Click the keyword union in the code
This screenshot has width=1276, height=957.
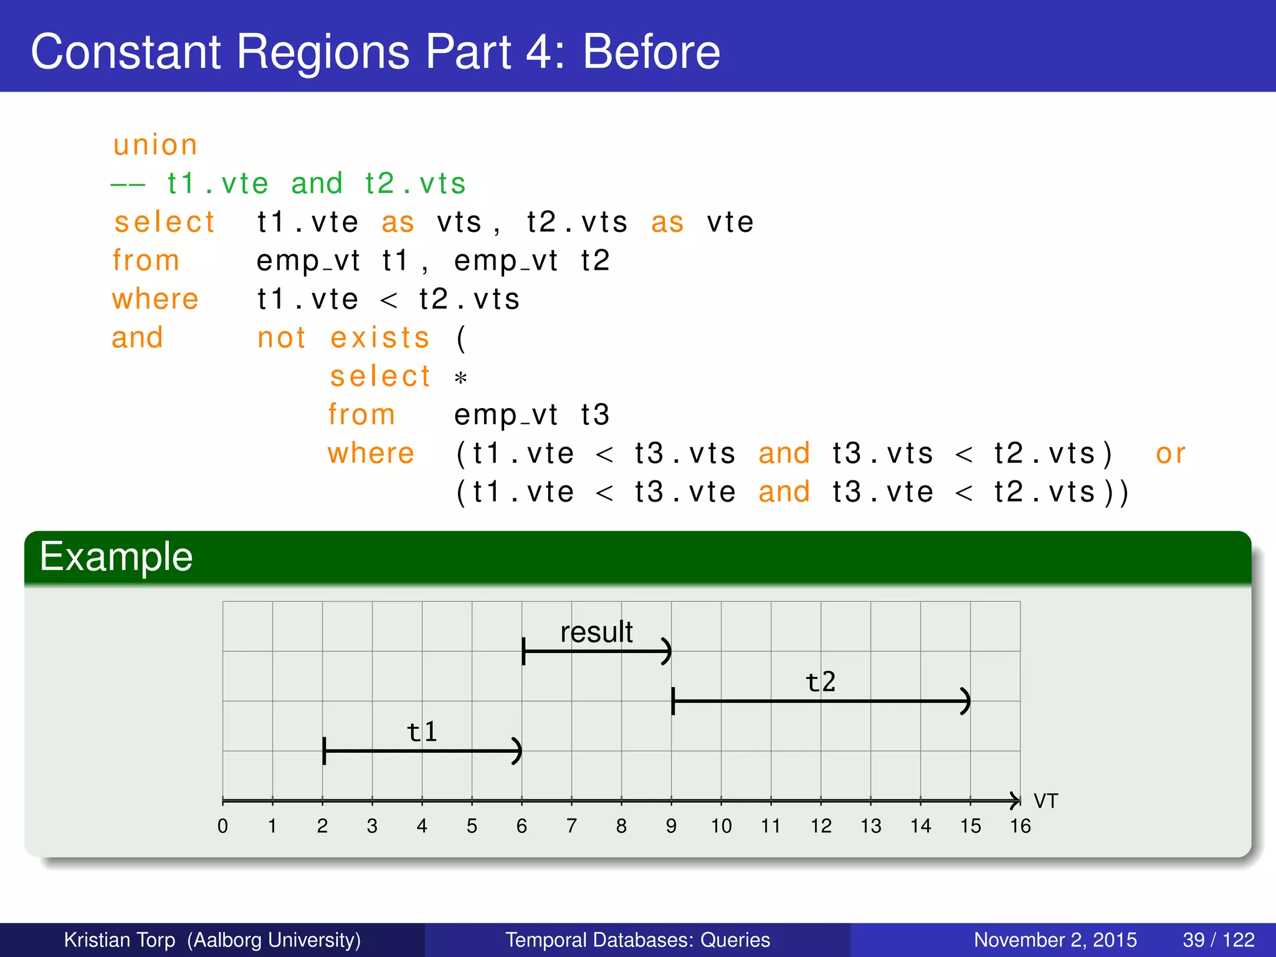point(155,145)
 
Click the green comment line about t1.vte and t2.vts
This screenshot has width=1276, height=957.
point(288,184)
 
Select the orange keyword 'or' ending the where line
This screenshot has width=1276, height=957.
point(1170,454)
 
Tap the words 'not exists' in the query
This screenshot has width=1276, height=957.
point(343,338)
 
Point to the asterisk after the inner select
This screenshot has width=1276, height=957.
point(460,378)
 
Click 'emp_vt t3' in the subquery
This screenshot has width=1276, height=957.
point(531,415)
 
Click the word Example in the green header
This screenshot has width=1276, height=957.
point(117,556)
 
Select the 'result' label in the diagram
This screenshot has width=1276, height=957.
point(596,632)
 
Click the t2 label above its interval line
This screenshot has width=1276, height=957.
point(821,682)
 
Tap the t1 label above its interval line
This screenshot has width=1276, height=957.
point(422,732)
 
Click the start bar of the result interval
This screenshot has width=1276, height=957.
point(524,651)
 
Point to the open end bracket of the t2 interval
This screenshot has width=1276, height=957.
point(966,701)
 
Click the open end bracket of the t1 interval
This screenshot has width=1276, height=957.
point(517,751)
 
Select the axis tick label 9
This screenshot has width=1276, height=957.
point(671,826)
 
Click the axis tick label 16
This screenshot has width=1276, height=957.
point(1020,826)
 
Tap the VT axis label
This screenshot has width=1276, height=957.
point(1045,801)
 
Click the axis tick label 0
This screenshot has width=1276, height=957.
point(222,826)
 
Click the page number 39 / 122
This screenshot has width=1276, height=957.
point(1218,940)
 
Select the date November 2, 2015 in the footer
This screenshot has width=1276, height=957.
point(1055,940)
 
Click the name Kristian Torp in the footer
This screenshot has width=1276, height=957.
point(120,940)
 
